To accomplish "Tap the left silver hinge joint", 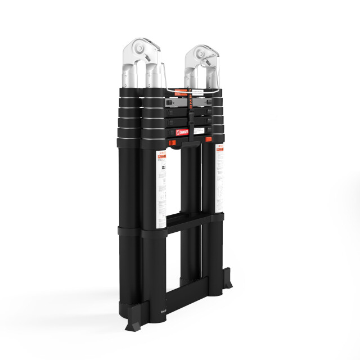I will pyautogui.click(x=140, y=54).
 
